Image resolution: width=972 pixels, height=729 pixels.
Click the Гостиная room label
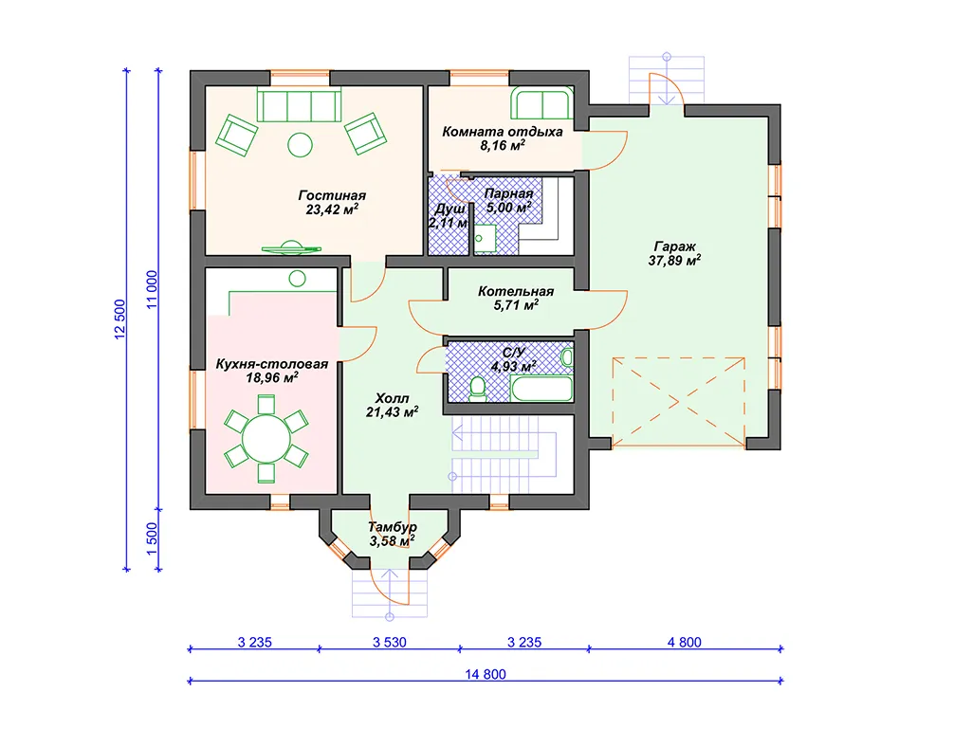click(x=332, y=196)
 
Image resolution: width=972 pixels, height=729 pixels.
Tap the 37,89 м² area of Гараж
click(x=674, y=261)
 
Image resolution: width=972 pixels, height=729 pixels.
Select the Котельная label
click(x=516, y=291)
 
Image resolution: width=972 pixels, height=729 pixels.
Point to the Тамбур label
click(x=393, y=527)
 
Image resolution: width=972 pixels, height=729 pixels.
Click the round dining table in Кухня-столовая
click(x=266, y=439)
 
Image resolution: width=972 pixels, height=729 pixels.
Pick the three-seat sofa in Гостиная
click(x=300, y=105)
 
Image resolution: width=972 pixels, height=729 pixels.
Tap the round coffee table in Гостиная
click(x=300, y=146)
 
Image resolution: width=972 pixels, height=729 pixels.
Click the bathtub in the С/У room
click(x=541, y=390)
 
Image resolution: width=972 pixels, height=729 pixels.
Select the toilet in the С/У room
click(x=477, y=388)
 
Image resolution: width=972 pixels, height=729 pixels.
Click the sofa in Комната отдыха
click(x=541, y=103)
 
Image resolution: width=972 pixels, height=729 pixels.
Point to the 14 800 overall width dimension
click(x=486, y=674)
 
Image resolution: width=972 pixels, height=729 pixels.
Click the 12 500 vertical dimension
click(x=120, y=319)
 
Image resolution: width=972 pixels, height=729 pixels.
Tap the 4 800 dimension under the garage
click(x=685, y=643)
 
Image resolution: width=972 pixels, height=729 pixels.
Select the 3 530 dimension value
click(x=390, y=643)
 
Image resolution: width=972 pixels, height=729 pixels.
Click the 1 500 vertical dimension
click(x=152, y=539)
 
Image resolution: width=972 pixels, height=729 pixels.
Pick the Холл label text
click(x=392, y=398)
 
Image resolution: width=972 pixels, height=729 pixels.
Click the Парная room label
click(x=508, y=194)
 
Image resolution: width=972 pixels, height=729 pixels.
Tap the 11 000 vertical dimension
click(x=152, y=290)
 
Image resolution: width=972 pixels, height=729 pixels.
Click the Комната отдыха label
click(x=502, y=132)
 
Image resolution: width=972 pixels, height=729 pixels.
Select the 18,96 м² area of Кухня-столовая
click(x=272, y=378)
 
